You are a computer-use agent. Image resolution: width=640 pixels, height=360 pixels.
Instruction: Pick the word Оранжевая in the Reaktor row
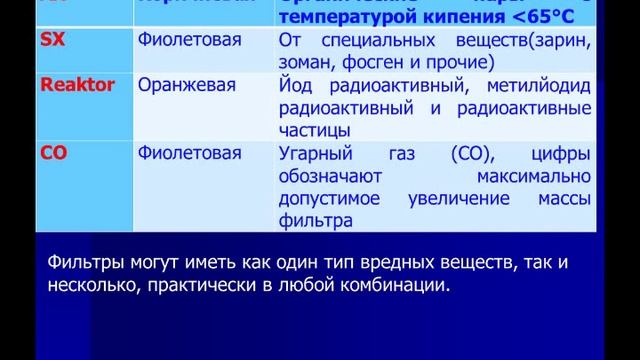186,87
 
